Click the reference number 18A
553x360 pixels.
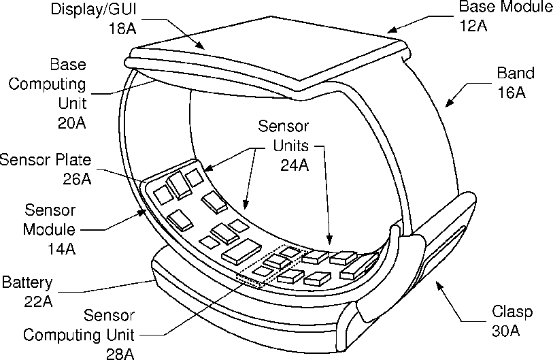tap(122, 29)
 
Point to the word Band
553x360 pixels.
tap(516, 73)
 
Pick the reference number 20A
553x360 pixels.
tap(72, 123)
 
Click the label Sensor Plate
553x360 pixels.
tap(46, 161)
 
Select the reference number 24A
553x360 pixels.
tap(295, 164)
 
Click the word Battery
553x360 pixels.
tap(27, 282)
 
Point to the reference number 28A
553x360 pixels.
tap(119, 353)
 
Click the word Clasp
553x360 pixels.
tap(512, 312)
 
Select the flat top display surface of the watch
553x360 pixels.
tap(272, 58)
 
